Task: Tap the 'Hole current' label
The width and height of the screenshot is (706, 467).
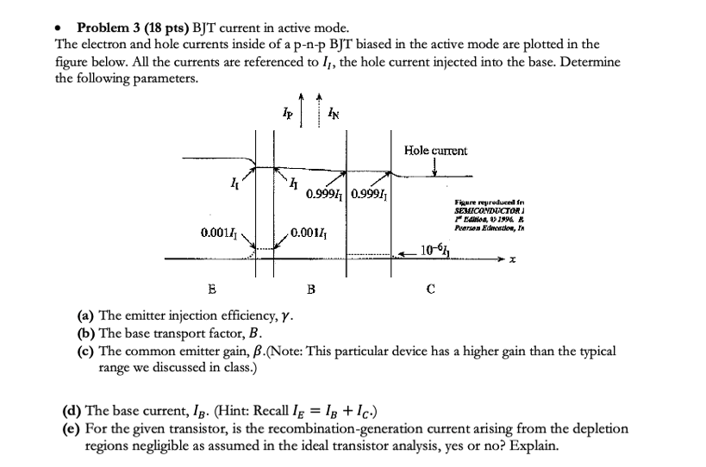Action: (x=435, y=151)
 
